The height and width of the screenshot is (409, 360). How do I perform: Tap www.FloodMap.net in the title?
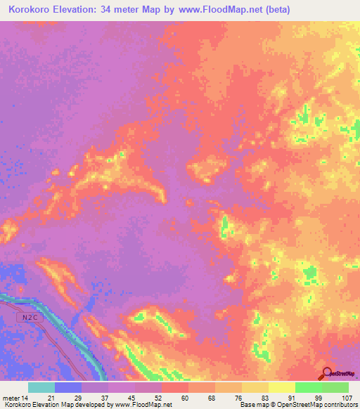coord(218,10)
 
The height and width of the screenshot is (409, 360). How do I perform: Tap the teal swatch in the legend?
coord(41,387)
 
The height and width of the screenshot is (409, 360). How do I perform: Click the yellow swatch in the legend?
coord(282,387)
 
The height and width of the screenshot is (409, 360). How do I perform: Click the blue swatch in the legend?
coord(68,387)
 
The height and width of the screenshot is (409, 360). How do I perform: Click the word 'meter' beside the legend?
coord(12,398)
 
